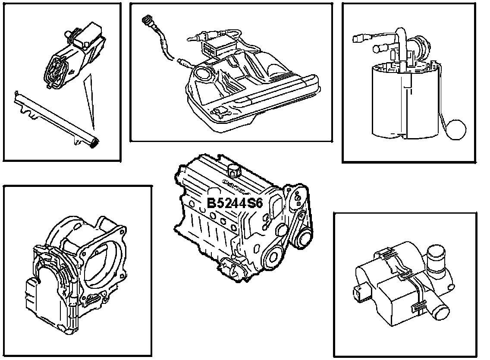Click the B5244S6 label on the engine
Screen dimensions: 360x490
[235, 203]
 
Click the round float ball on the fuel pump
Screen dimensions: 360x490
[456, 129]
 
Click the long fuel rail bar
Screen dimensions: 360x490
[56, 116]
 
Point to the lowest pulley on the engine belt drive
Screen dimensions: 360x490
[273, 258]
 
